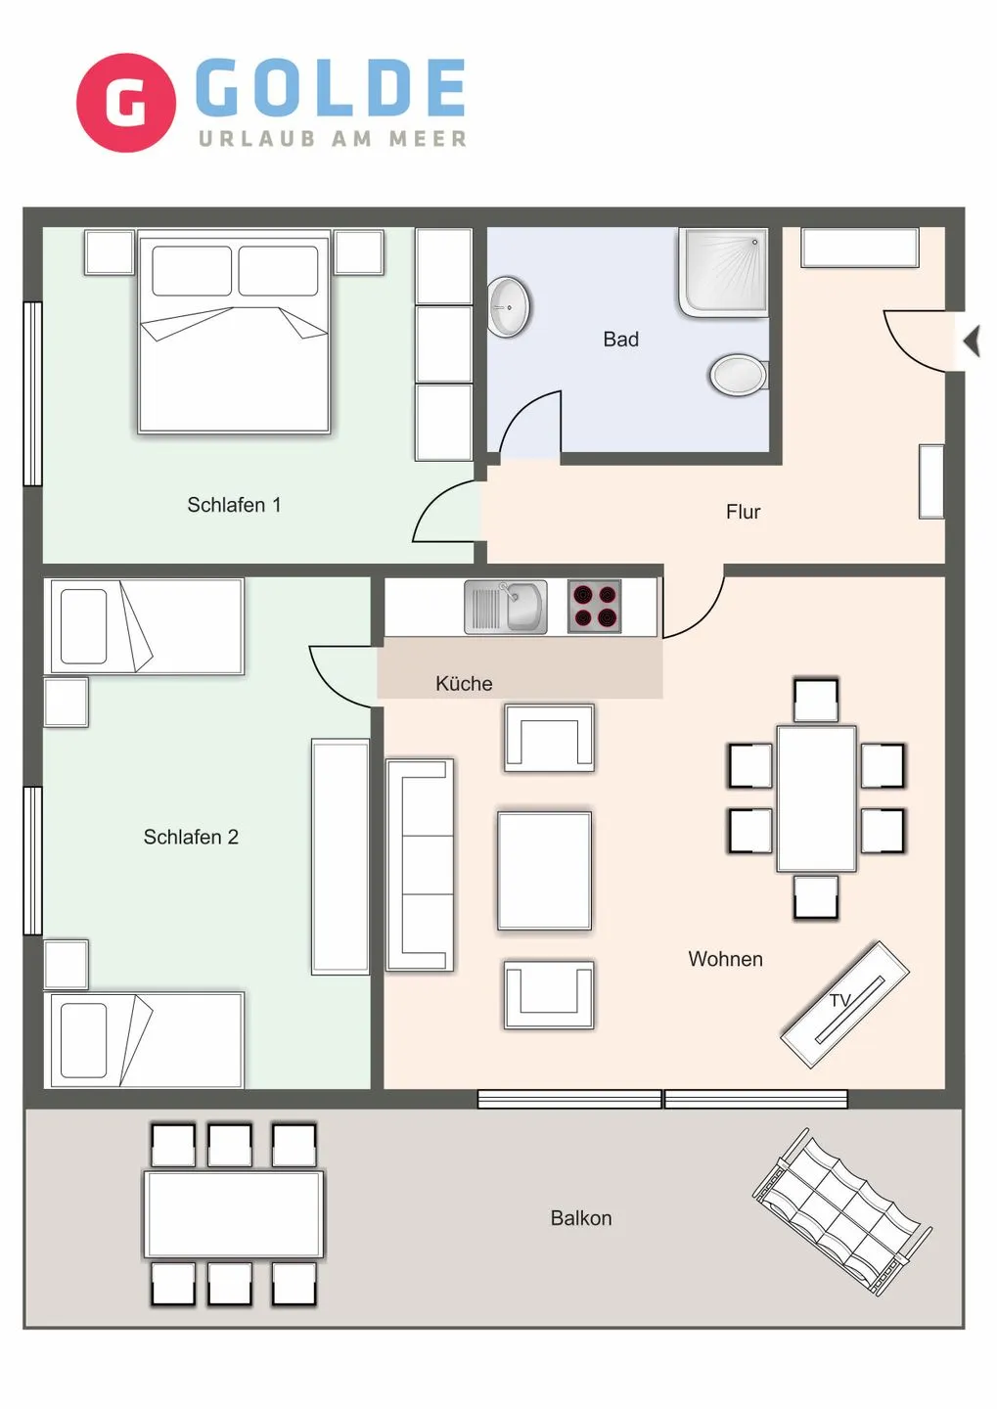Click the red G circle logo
tap(125, 103)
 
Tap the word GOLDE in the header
tap(331, 87)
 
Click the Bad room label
tap(620, 340)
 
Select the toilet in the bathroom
tap(739, 375)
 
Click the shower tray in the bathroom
tap(723, 272)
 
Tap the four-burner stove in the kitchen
tap(595, 607)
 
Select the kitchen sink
tap(506, 607)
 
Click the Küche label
tap(464, 684)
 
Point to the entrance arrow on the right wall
tap(971, 341)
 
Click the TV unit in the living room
tap(844, 1005)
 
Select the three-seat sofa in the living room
tap(420, 864)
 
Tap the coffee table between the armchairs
tap(544, 870)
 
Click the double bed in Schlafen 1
tap(234, 332)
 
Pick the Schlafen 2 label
tap(191, 838)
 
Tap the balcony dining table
tap(234, 1214)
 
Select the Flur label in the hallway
tap(743, 512)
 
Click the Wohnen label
tap(725, 960)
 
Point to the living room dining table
tap(816, 798)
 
